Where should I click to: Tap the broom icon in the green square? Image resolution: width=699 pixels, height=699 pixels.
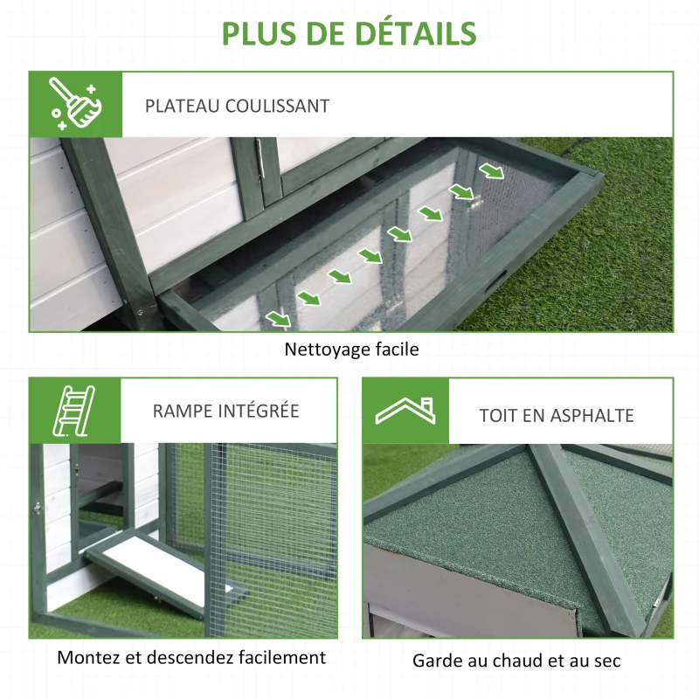pos(75,104)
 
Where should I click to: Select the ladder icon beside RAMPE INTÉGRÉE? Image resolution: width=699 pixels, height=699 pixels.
pos(74,410)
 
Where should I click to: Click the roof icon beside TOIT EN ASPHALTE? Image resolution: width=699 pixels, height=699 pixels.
pos(405,411)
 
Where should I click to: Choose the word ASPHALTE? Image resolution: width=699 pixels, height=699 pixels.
pos(592,416)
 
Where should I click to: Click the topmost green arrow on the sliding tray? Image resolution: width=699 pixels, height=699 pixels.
pos(491,171)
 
